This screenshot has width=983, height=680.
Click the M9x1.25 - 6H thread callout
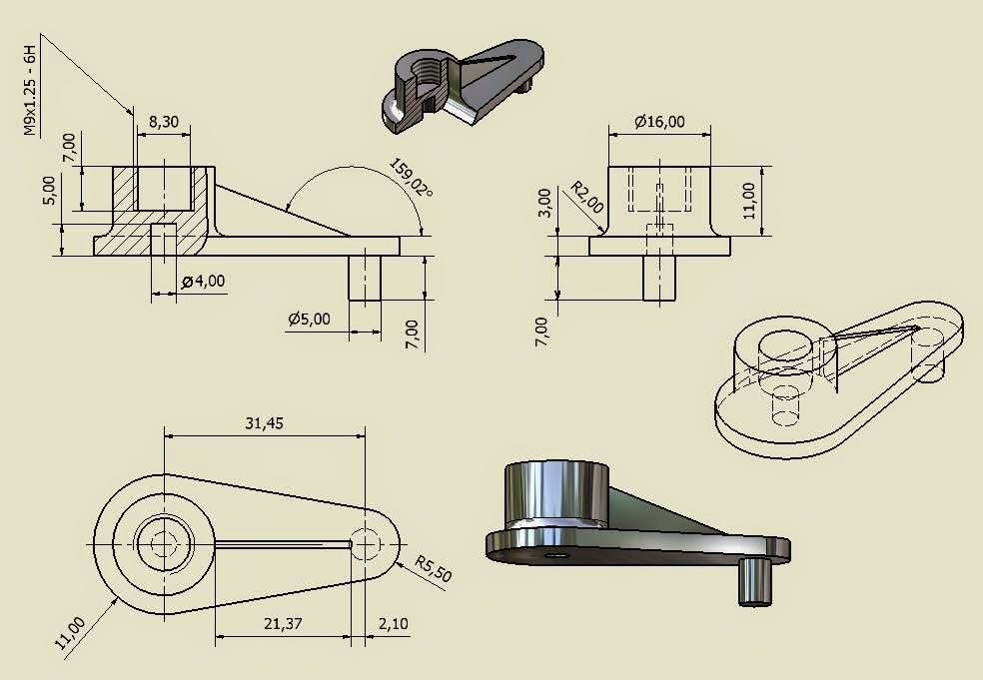[x=30, y=88]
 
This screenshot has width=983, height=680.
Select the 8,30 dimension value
[x=164, y=121]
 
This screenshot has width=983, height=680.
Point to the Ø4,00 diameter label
[x=204, y=282]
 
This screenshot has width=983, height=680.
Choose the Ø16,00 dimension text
[x=659, y=122]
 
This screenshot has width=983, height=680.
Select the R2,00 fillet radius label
[x=587, y=197]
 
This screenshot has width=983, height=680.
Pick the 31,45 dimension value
[x=264, y=423]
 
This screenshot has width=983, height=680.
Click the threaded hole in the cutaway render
[x=430, y=72]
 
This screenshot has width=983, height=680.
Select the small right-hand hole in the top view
[x=367, y=545]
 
